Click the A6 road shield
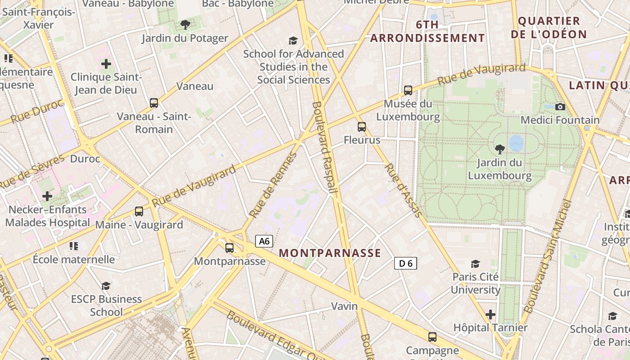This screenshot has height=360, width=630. click(264, 241)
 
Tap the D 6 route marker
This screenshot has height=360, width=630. click(405, 263)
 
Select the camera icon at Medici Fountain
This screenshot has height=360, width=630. click(560, 107)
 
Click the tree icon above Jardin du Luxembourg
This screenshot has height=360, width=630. click(499, 149)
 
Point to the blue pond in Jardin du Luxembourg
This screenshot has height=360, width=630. click(516, 143)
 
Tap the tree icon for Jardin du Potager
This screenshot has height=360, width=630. click(185, 25)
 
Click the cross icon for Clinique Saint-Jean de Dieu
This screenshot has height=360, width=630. click(106, 64)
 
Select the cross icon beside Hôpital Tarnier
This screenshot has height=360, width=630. click(490, 314)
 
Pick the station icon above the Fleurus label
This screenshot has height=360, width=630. click(362, 127)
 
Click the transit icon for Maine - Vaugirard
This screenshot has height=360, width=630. click(139, 211)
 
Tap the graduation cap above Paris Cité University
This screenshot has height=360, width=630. click(475, 264)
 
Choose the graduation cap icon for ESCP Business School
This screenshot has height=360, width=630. click(106, 286)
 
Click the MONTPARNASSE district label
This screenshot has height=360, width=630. click(330, 253)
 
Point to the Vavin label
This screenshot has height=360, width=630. click(344, 306)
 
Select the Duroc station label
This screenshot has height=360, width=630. click(85, 159)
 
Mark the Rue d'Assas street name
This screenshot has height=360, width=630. click(403, 190)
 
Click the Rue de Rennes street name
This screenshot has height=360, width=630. click(274, 184)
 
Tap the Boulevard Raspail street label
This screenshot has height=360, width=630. click(324, 148)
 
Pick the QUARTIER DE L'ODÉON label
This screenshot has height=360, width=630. click(552, 27)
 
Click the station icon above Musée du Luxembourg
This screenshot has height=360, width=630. click(408, 90)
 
